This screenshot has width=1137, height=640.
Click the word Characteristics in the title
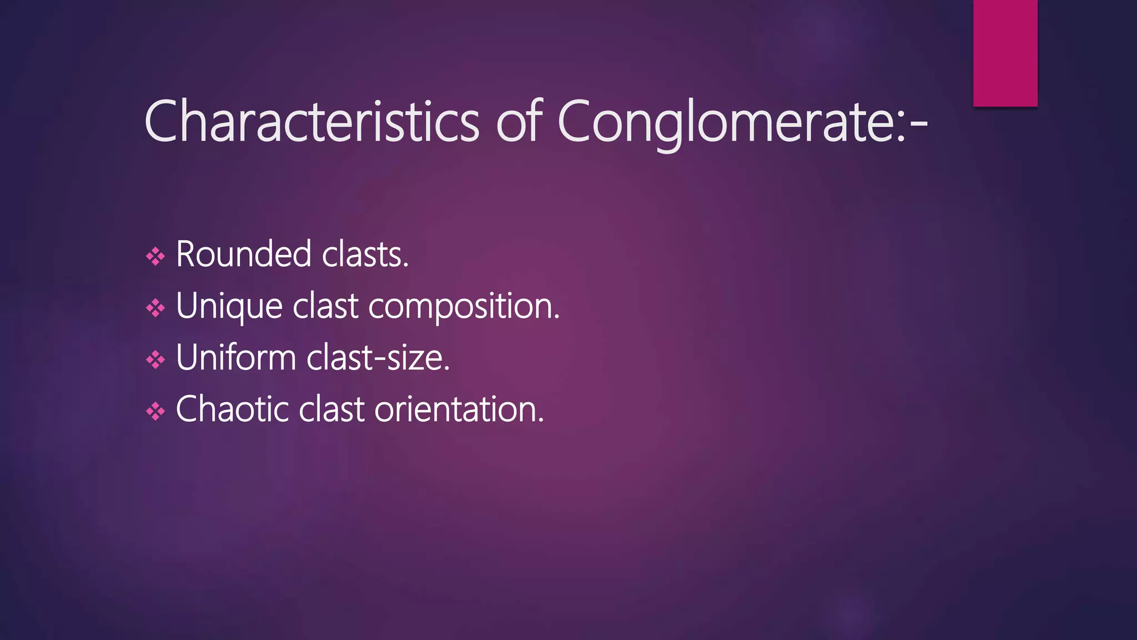311,121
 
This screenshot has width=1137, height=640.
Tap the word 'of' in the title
519,121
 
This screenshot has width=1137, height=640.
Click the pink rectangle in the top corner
1005,53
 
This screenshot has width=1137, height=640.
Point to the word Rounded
243,254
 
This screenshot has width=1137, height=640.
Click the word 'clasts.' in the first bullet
365,254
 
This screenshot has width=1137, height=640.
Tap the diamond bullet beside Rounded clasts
155,256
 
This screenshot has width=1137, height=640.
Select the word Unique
229,306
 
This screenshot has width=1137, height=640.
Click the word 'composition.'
464,306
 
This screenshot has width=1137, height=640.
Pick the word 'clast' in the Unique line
325,306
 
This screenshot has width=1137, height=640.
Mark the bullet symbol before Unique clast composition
155,308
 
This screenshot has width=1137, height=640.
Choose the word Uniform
236,357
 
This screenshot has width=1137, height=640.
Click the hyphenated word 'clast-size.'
378,357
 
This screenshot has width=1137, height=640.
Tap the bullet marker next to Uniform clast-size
155,359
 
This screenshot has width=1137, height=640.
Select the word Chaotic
232,409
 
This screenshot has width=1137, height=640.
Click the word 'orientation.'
459,409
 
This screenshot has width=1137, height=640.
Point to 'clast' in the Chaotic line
331,409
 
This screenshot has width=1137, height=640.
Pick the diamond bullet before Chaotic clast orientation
155,411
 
